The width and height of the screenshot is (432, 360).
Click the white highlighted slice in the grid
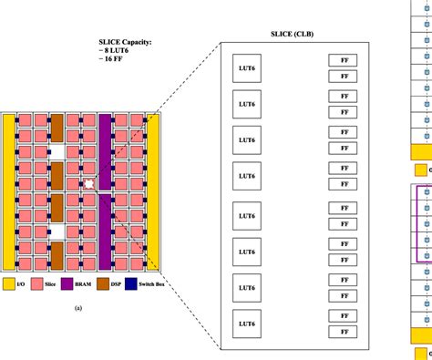[x=89, y=183]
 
